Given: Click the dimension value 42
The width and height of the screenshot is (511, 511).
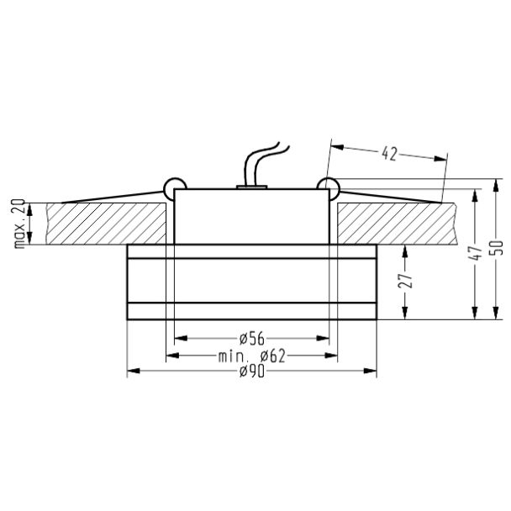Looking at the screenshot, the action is coord(389,154).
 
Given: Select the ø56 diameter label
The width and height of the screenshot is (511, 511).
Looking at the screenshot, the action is coord(251,339).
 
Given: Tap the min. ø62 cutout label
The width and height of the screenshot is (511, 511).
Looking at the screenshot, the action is coord(251,356).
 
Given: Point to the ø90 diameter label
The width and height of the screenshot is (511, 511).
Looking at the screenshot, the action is coord(251,371).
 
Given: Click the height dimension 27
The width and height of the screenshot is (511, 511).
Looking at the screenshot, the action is coord(405,281).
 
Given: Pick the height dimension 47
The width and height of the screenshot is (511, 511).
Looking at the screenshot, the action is coord(477,253).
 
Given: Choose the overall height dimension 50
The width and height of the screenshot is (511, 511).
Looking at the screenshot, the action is coord(497,248).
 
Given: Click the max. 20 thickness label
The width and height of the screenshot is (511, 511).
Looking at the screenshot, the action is coord(20,224).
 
